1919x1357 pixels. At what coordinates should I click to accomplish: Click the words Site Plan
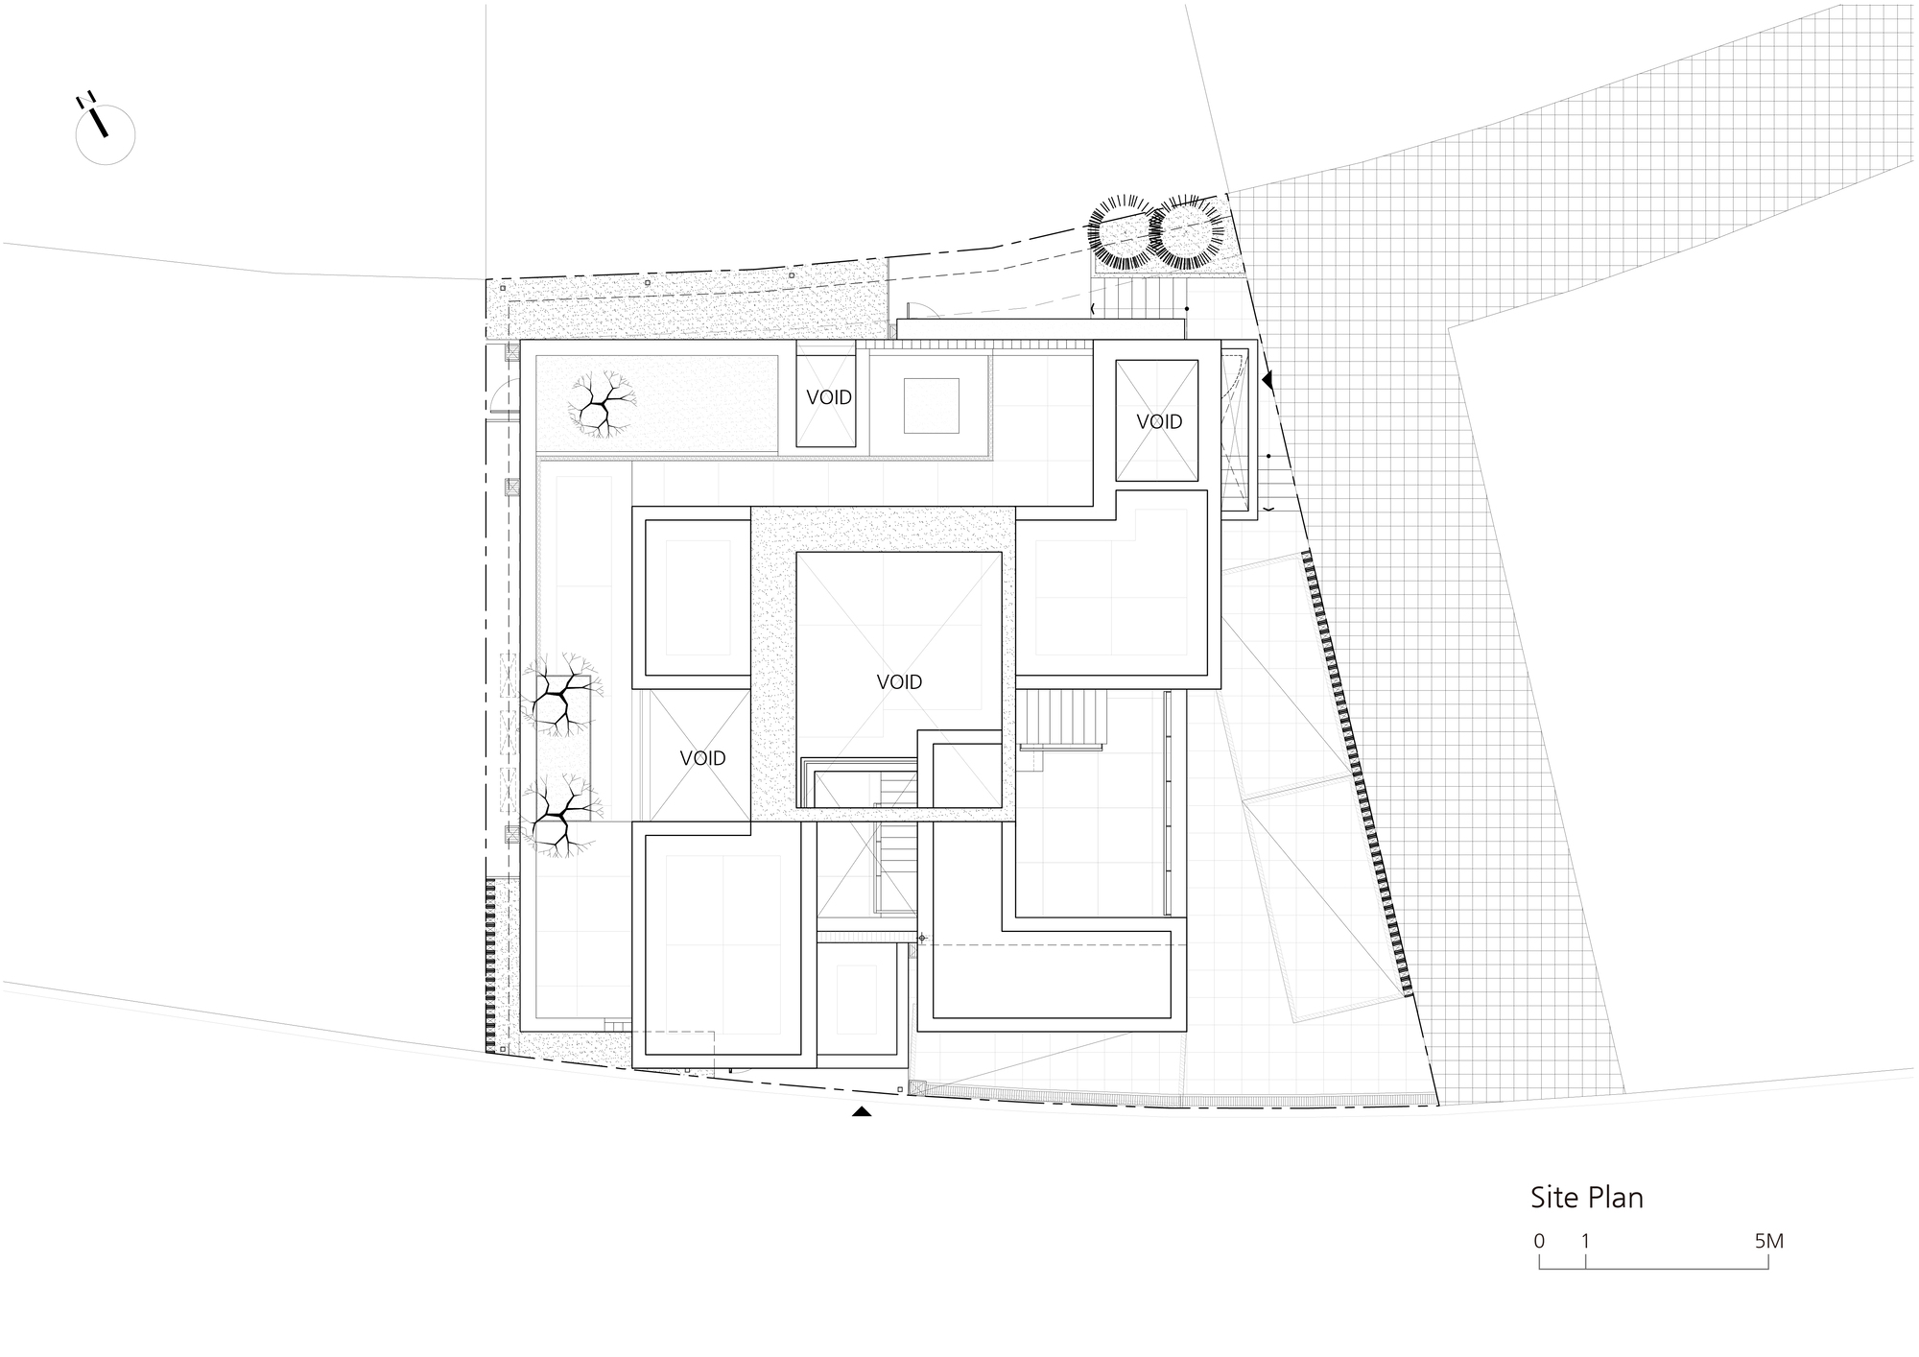pos(1586,1199)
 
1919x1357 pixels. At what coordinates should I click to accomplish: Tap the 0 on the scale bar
pos(1539,1241)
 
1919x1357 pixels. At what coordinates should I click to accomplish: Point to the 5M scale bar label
pos(1768,1241)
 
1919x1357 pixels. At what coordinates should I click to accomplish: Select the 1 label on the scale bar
pos(1585,1241)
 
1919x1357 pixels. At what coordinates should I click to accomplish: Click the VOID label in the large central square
pos(899,682)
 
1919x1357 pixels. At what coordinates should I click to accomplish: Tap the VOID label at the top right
pos(1159,421)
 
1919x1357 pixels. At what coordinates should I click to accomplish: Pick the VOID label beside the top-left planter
pos(829,397)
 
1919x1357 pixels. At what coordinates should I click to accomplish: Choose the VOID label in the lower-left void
pos(702,758)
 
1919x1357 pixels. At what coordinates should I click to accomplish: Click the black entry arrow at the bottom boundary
pos(862,1111)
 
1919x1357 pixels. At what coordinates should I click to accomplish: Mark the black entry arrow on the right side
pos(1267,380)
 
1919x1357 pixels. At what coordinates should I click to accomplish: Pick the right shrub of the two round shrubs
pos(1188,233)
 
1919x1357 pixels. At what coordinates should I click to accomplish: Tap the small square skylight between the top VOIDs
pos(931,405)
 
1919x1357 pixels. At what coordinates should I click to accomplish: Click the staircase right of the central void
pos(1062,719)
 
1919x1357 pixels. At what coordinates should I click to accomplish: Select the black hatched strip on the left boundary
pos(490,965)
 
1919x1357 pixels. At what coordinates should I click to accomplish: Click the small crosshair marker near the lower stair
pos(922,938)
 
